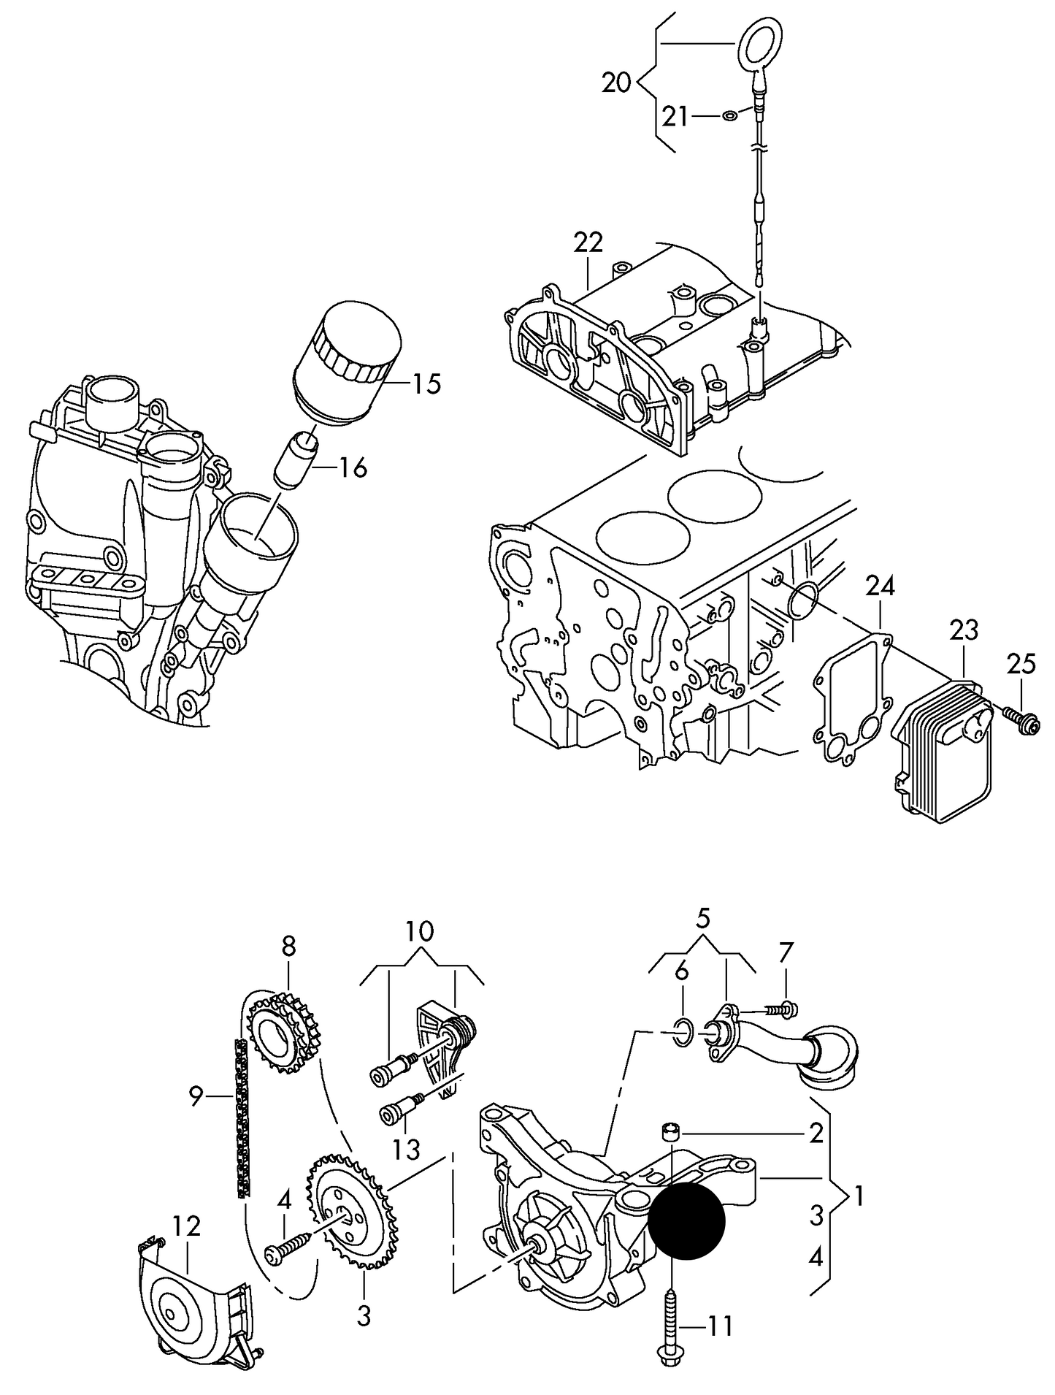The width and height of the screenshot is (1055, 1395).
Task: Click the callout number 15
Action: click(426, 383)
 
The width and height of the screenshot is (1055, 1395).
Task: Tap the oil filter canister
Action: click(347, 363)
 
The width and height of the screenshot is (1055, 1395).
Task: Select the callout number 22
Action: click(588, 242)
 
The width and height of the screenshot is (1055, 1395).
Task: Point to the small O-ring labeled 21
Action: click(729, 115)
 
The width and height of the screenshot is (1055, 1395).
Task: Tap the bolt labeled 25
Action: click(1021, 719)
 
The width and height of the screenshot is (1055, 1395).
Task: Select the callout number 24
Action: click(881, 586)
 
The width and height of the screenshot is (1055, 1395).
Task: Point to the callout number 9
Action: click(195, 1097)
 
